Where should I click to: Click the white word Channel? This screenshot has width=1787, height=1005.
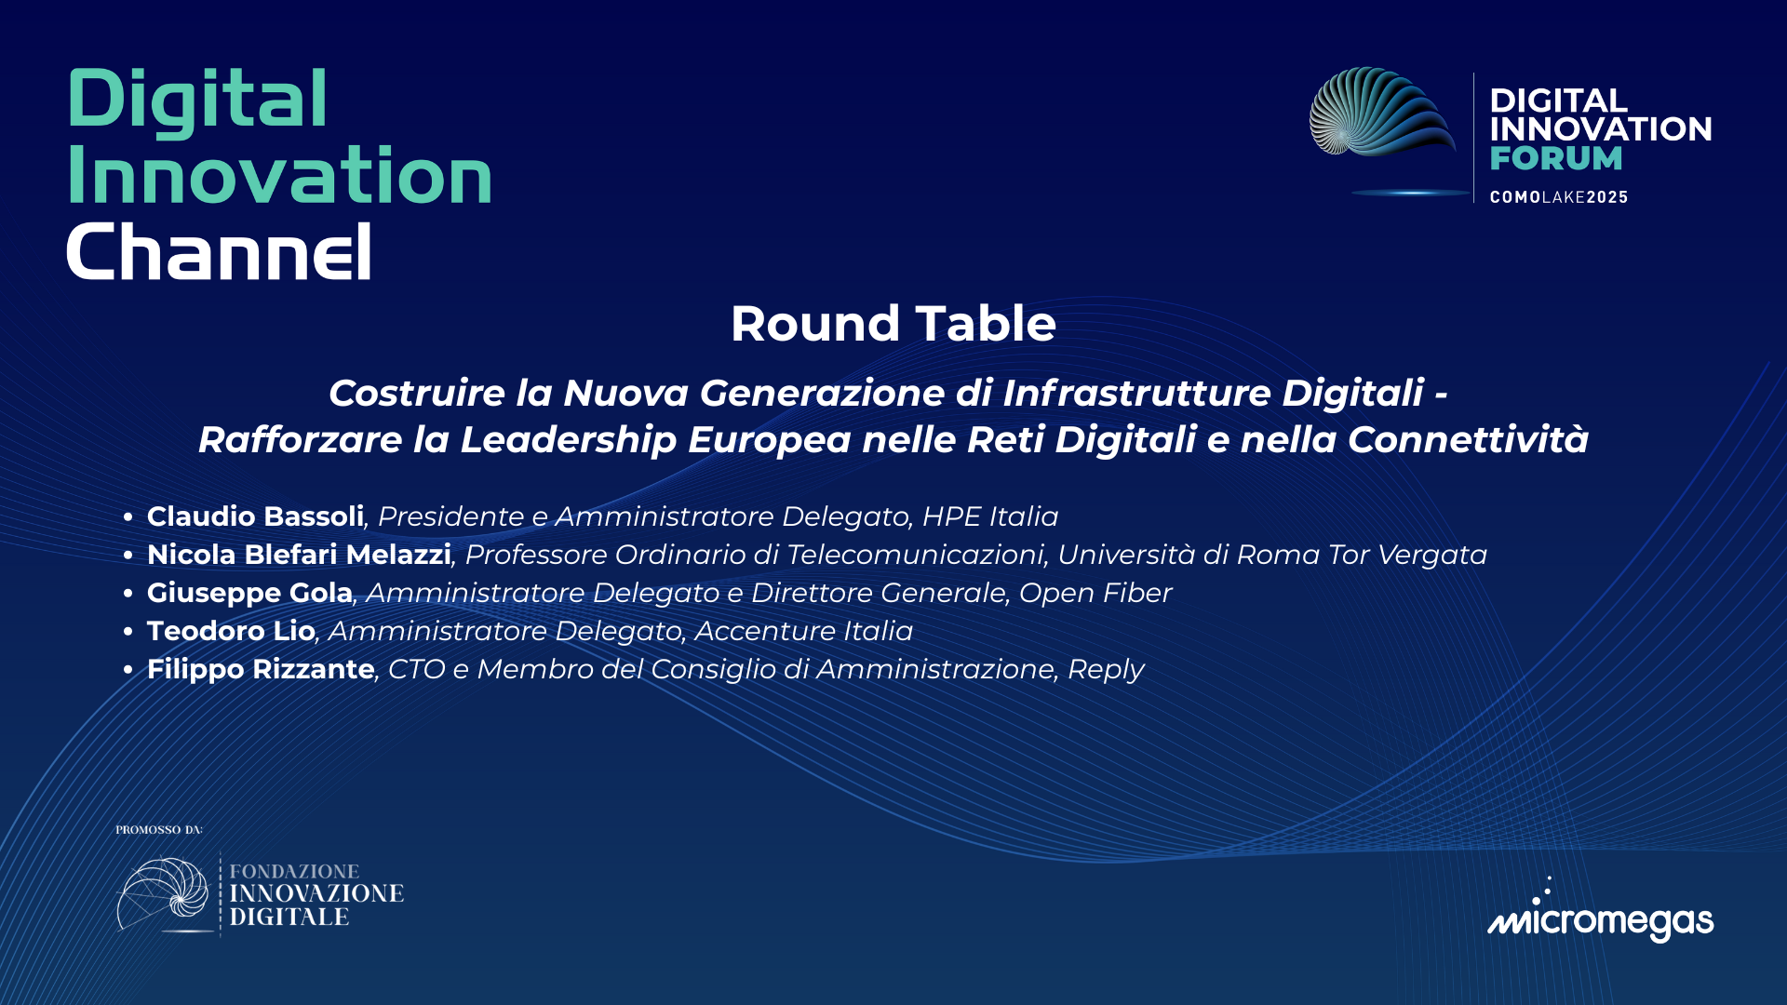219,251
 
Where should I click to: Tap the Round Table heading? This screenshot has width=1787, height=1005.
893,324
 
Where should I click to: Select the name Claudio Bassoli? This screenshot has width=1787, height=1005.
255,516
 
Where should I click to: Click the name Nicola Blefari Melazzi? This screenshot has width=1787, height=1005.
299,555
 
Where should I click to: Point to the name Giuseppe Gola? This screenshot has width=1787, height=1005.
249,593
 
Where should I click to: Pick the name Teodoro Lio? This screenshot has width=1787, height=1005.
231,631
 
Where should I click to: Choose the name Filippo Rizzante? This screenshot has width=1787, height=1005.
261,669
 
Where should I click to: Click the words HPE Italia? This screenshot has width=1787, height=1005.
989,516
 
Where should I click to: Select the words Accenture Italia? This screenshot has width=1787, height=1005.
803,631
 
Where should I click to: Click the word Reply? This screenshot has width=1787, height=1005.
1106,670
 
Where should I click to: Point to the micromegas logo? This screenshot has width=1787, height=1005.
1600,917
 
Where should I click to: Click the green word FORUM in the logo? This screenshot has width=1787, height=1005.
1555,159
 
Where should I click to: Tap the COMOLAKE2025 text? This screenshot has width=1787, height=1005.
1558,197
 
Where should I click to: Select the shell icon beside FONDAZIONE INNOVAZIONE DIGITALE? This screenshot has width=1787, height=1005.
164,893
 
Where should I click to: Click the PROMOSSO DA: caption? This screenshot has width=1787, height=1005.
159,830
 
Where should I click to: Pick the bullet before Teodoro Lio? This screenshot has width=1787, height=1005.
128,632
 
